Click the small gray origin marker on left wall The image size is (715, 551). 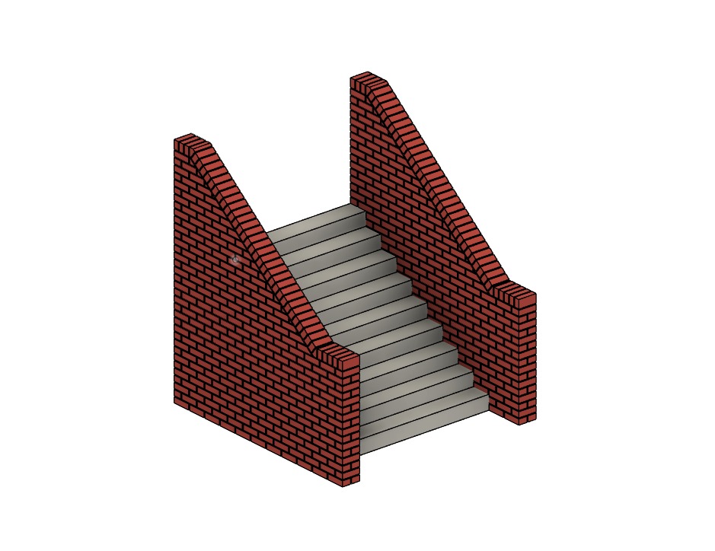point(235,260)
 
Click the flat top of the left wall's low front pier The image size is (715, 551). point(340,356)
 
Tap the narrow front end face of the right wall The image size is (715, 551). point(527,358)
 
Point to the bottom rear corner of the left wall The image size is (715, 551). point(174,402)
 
